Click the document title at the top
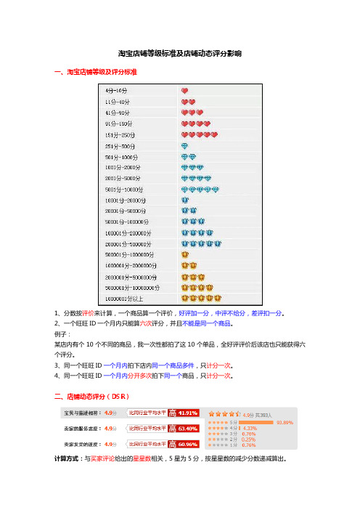pyautogui.click(x=179, y=54)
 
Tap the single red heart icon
pyautogui.click(x=185, y=90)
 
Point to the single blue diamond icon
pyautogui.click(x=185, y=146)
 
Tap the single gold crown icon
pyautogui.click(x=185, y=254)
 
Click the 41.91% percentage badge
pyautogui.click(x=188, y=413)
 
